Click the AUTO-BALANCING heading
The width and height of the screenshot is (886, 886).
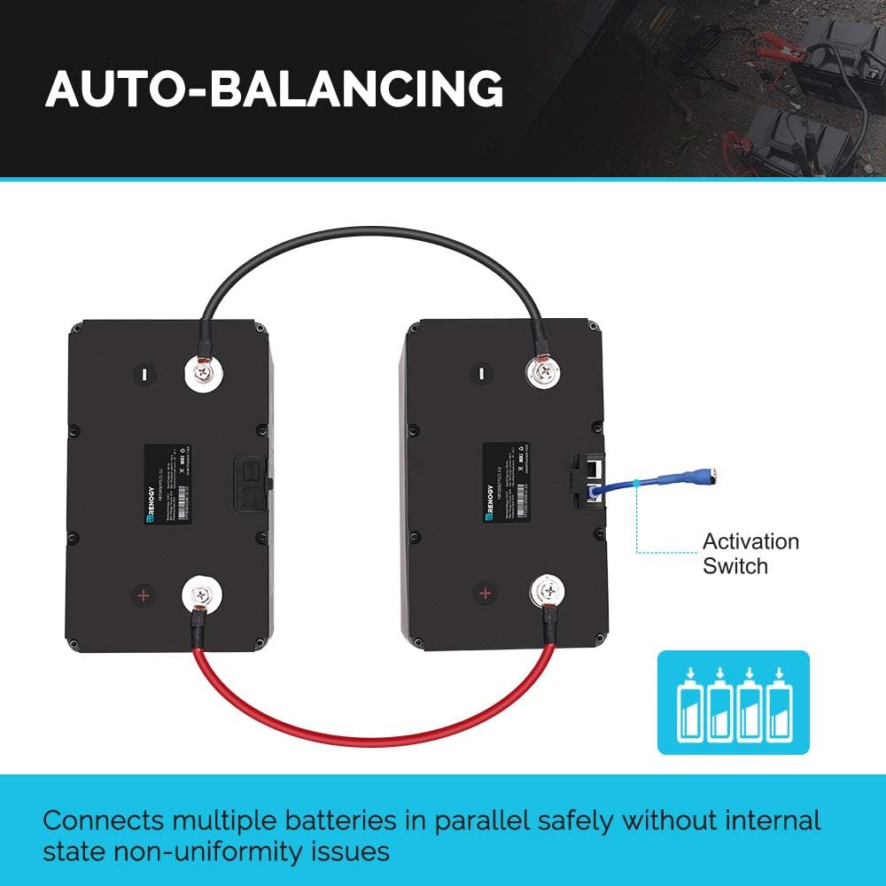(275, 89)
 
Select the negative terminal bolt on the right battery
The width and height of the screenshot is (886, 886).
(543, 373)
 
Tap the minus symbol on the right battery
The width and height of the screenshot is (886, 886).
(478, 374)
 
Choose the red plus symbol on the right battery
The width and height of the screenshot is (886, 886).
(485, 593)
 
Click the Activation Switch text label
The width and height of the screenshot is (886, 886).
(750, 553)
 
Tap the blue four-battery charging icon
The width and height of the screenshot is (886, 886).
(733, 702)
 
